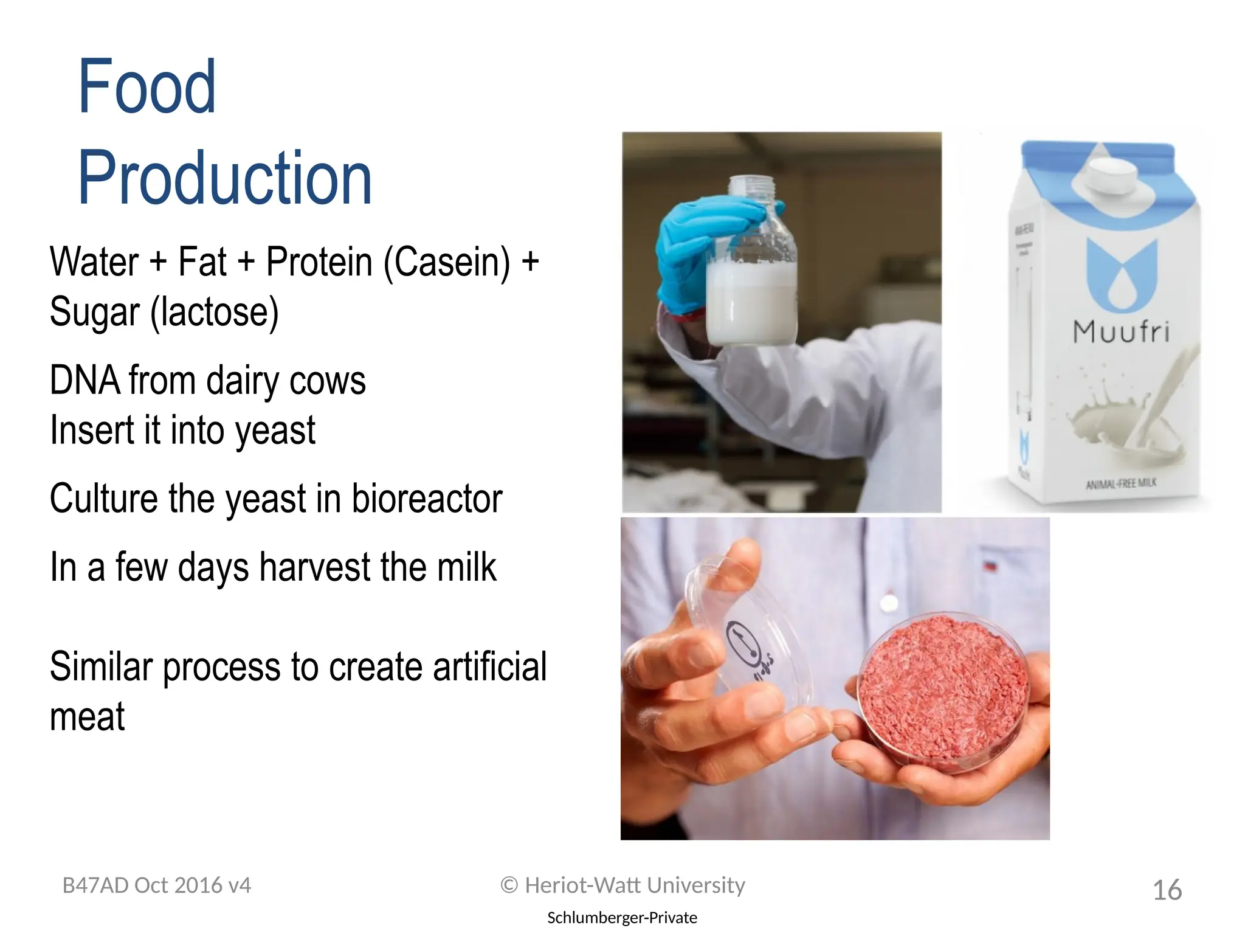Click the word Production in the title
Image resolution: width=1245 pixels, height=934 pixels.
[224, 178]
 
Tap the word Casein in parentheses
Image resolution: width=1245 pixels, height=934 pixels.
[447, 262]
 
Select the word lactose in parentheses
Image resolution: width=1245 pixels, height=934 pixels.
[214, 312]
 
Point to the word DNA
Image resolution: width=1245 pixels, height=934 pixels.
[84, 381]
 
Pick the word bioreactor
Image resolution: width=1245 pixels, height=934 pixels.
[427, 499]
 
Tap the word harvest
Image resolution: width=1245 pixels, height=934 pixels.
[316, 567]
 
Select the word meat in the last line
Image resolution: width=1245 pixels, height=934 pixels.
[87, 716]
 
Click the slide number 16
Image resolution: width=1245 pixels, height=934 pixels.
[1167, 890]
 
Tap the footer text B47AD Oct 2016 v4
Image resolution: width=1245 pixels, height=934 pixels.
[157, 885]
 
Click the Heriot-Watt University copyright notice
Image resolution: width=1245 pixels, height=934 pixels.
[622, 885]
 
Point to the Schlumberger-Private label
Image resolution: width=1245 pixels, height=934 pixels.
[622, 918]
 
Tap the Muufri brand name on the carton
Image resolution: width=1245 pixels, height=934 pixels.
[1120, 332]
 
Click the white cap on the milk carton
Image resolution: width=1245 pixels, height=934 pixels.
[1112, 173]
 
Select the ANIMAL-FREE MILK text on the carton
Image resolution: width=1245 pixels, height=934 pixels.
[1121, 483]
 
